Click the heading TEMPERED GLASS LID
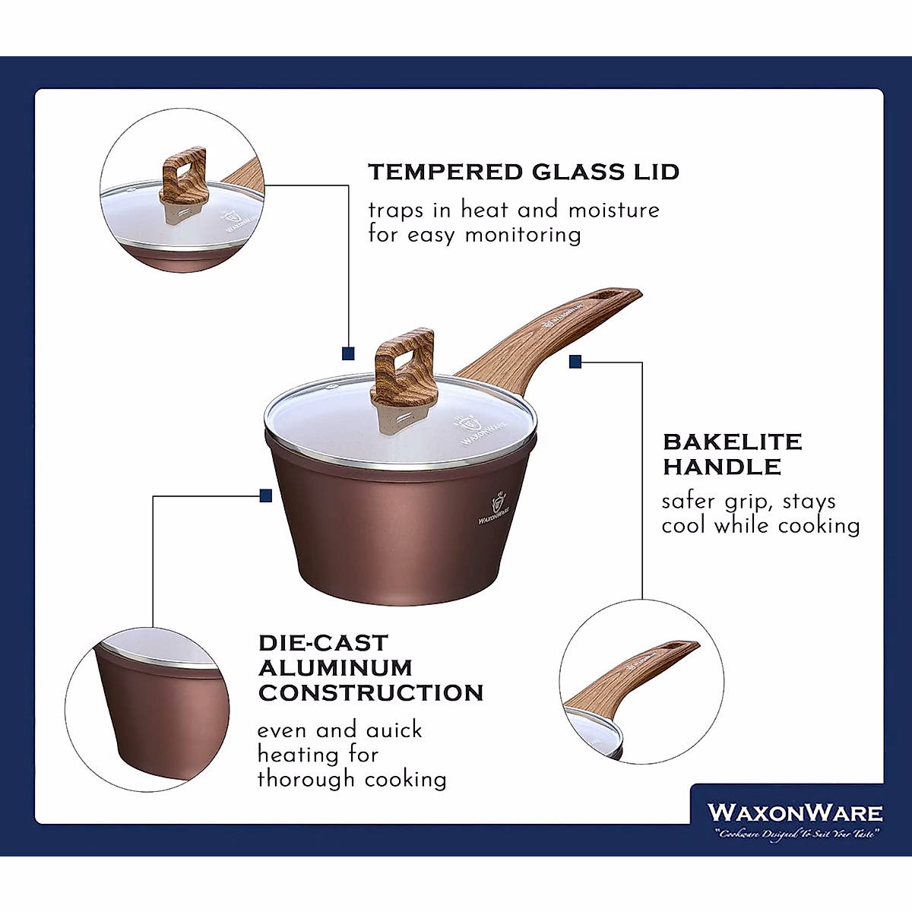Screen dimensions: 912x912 pos(524,172)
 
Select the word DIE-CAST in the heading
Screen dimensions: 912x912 pos(323,643)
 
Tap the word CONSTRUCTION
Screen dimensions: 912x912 pos(371,693)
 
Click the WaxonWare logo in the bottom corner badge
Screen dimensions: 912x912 pos(794,812)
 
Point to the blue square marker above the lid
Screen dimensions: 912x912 pos(348,353)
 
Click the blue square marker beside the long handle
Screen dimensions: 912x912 pos(575,363)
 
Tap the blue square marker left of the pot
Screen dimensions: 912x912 pos(265,496)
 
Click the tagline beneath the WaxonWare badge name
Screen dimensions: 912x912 pos(795,834)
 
